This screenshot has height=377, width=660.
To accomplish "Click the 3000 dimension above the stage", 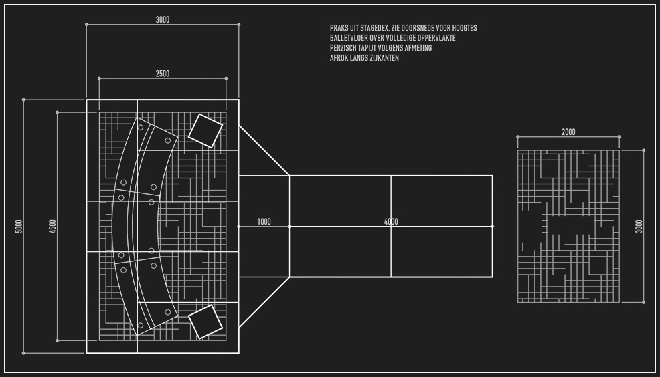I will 163,20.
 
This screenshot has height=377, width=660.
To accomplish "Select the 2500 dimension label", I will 163,74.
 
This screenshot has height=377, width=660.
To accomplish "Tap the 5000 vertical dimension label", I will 19,226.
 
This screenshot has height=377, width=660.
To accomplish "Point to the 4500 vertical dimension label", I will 53,226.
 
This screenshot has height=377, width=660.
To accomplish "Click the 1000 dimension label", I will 264,221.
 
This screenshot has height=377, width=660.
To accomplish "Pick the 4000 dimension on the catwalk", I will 391,221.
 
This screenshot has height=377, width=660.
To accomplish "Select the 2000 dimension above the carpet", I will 568,132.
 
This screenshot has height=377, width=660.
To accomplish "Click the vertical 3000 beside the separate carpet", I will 639,226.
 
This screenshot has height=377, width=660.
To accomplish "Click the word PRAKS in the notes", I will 339,29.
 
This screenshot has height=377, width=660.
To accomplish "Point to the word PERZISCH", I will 345,49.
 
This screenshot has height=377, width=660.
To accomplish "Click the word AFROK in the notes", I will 340,59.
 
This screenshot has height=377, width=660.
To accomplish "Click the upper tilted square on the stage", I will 205,130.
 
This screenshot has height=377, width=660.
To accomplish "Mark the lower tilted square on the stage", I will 205,322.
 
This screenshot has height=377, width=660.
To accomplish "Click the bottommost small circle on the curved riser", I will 140,326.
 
